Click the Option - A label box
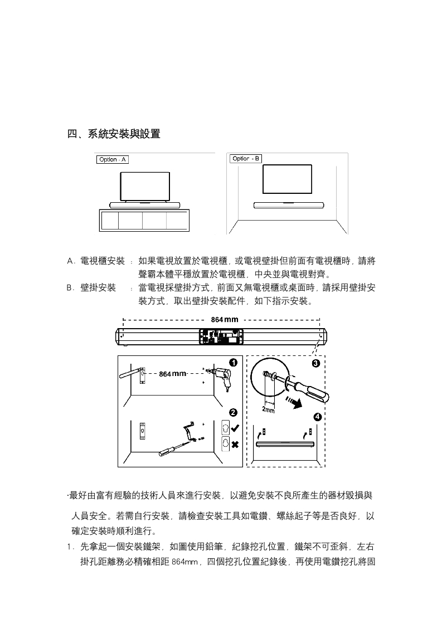coord(113,160)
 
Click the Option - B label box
coord(246,159)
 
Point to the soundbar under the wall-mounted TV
coord(289,204)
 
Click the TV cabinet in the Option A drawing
coord(144,221)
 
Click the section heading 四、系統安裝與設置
coord(114,134)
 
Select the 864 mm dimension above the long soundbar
coord(224,320)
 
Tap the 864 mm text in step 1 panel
coord(172,373)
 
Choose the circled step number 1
coord(234,363)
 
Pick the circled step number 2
coord(234,413)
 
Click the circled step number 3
coord(316,363)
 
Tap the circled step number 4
coord(317,417)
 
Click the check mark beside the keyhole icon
coord(235,428)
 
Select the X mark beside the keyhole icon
coord(235,445)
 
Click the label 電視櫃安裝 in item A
coord(103,261)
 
